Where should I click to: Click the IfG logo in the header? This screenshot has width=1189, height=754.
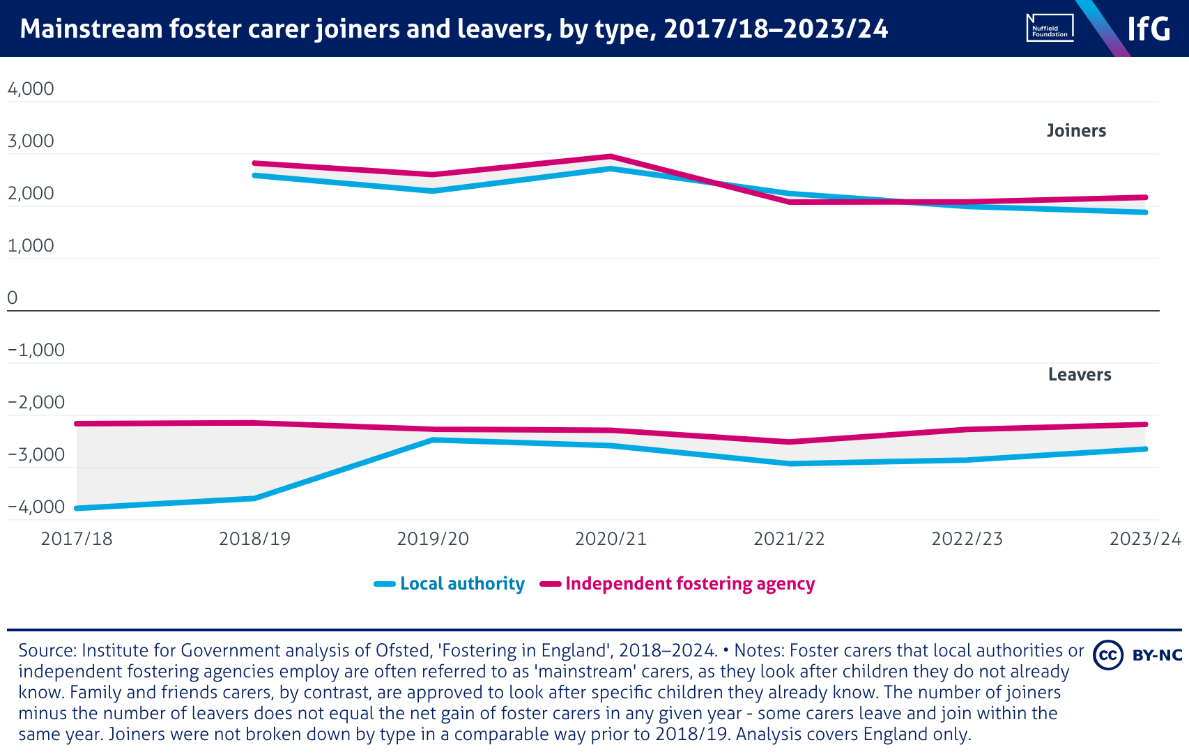1149,29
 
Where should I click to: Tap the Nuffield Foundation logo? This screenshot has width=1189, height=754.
1050,29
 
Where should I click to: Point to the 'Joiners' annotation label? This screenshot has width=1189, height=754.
1076,131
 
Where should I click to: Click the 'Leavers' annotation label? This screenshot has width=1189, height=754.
1080,375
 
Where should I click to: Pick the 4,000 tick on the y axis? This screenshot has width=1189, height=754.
31,89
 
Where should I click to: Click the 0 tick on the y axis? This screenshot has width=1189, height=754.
13,298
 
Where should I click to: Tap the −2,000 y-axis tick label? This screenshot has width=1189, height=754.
36,403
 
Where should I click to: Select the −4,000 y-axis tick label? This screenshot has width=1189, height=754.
36,507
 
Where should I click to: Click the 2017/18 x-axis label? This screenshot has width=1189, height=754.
77,539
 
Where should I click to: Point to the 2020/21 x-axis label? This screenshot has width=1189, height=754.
611,539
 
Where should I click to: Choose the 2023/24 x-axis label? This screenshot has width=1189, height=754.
1145,539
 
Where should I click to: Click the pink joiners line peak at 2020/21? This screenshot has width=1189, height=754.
611,156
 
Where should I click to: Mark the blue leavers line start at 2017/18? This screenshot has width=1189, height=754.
77,508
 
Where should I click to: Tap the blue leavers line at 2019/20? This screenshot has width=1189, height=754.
433,440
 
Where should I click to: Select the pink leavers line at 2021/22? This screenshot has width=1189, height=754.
789,442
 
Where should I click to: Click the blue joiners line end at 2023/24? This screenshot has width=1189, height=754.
1145,212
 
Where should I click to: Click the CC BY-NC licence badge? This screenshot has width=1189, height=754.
1137,655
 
